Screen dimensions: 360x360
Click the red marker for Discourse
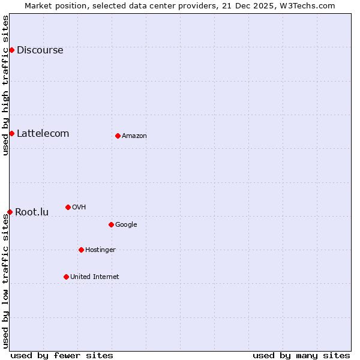(x=11, y=50)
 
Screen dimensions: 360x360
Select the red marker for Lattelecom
(x=11, y=133)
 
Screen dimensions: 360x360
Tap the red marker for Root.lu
(x=10, y=212)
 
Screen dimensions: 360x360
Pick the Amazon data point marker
(x=118, y=136)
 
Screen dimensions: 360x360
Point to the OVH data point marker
(x=68, y=207)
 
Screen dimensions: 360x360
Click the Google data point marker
(x=111, y=224)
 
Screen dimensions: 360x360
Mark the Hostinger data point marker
(x=81, y=250)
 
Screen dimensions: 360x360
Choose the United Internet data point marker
(x=66, y=277)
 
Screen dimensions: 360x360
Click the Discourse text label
(x=40, y=50)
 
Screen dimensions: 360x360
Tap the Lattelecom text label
(x=43, y=133)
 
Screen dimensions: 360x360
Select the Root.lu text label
(x=32, y=212)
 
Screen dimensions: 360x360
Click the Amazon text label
(x=134, y=136)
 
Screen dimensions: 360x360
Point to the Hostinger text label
(x=100, y=250)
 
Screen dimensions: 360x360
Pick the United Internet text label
(x=95, y=277)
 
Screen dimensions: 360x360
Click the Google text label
(x=126, y=224)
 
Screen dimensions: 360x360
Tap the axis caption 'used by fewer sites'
(x=62, y=355)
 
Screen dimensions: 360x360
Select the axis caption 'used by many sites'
(x=301, y=355)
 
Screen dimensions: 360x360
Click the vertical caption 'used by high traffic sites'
(x=5, y=85)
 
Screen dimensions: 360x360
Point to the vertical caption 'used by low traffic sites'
(x=5, y=281)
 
